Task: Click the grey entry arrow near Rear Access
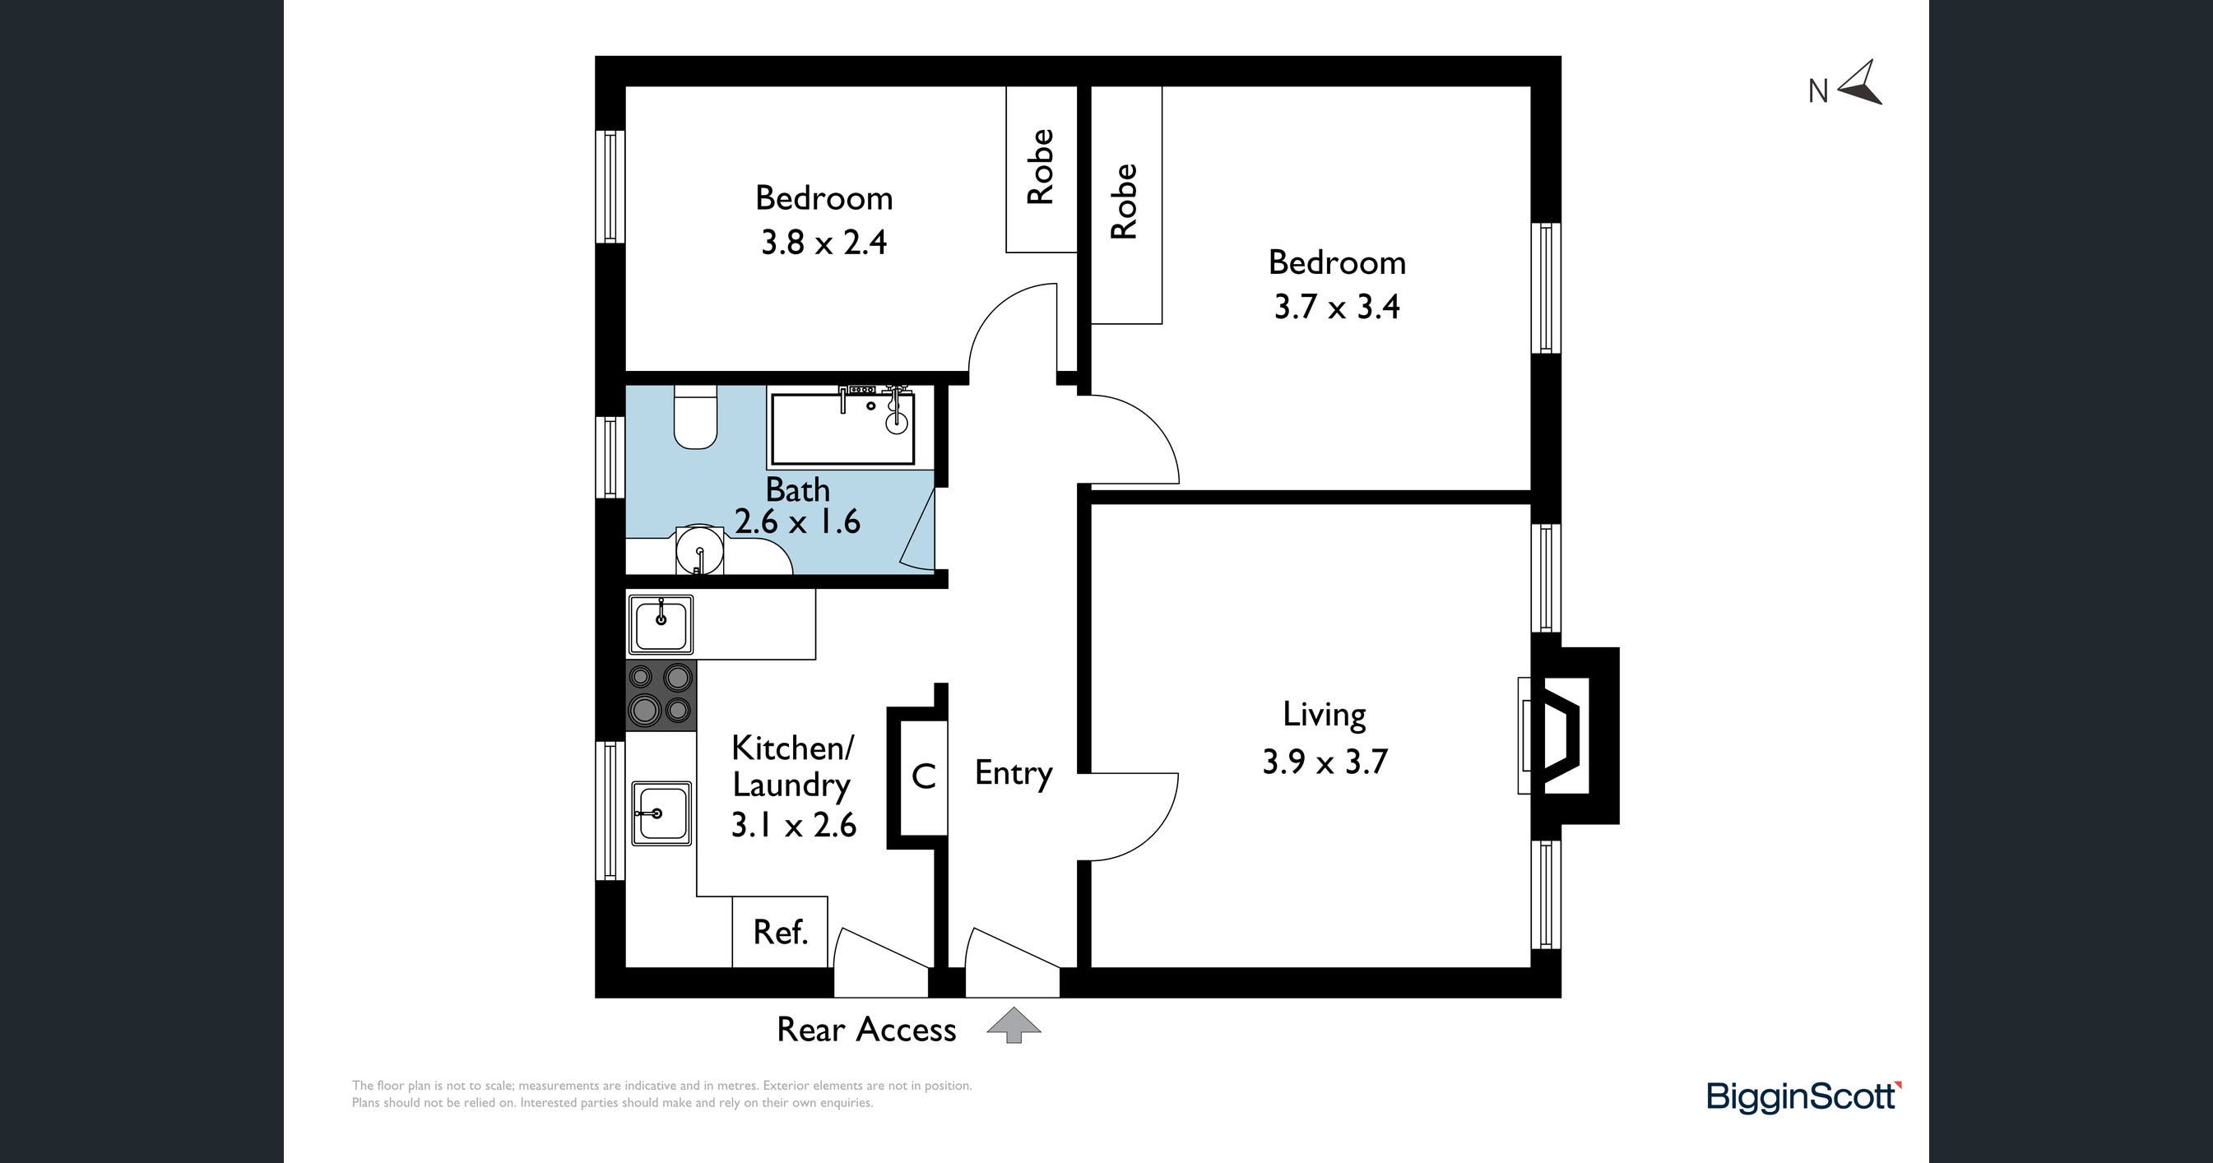pos(1014,1025)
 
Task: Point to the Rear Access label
pos(866,1029)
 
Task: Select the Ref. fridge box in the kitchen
pos(780,932)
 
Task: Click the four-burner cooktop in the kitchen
pos(661,696)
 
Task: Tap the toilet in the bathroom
pos(696,416)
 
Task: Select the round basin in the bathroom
pos(700,549)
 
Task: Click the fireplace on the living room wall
pos(1568,735)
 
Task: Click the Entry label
pos(1014,773)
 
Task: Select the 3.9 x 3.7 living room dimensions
pos(1325,762)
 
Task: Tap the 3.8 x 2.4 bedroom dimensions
pos(823,242)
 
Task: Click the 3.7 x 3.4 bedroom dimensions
pos(1337,307)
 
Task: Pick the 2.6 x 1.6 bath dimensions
pos(797,521)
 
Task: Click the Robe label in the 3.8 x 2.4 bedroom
pos(1041,167)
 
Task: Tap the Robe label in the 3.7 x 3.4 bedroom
pos(1124,201)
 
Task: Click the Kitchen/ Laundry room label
pos(792,767)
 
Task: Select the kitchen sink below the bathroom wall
pos(661,624)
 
